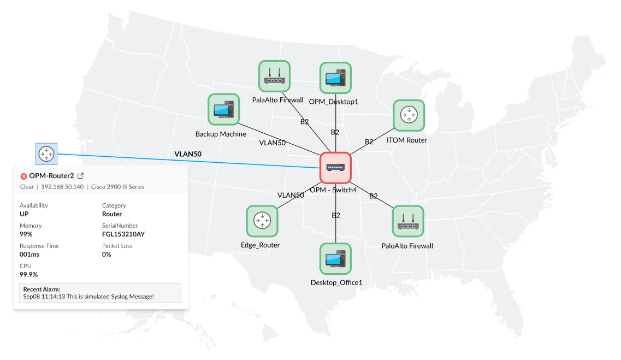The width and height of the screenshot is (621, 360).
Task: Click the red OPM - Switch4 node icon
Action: pyautogui.click(x=335, y=167)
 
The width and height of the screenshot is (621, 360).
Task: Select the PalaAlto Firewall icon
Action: pyautogui.click(x=274, y=76)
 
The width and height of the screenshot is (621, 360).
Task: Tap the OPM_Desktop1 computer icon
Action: pyautogui.click(x=335, y=78)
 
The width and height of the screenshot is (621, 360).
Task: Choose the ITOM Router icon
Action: pyautogui.click(x=409, y=115)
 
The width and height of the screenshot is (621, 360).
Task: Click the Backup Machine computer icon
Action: pyautogui.click(x=223, y=110)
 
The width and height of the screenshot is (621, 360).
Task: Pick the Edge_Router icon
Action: pyautogui.click(x=262, y=221)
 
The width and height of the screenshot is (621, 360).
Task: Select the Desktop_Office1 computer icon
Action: pyautogui.click(x=335, y=259)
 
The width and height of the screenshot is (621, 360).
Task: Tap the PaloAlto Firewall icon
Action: pyautogui.click(x=407, y=221)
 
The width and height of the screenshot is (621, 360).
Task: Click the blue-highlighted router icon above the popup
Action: pyautogui.click(x=45, y=154)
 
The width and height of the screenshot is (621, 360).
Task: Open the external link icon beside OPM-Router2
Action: pyautogui.click(x=81, y=176)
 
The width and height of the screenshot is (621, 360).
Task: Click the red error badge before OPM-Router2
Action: pyautogui.click(x=23, y=176)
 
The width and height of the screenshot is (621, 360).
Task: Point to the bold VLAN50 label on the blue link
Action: pyautogui.click(x=188, y=154)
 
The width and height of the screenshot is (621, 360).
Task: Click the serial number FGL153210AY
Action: pyautogui.click(x=123, y=234)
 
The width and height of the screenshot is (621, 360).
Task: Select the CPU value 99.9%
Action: pyautogui.click(x=28, y=275)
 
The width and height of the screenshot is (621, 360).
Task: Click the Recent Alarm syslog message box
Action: pyautogui.click(x=99, y=293)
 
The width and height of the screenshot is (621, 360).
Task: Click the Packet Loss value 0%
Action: pyautogui.click(x=107, y=255)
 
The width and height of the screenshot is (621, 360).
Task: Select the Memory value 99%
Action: pyautogui.click(x=26, y=234)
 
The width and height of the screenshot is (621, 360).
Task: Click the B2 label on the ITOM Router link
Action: pyautogui.click(x=369, y=141)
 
